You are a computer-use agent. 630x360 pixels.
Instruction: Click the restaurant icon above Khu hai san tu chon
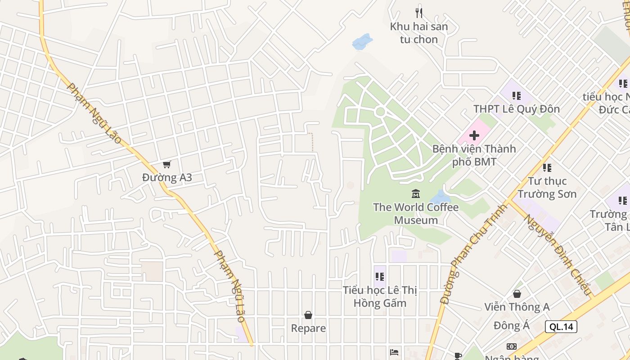419,13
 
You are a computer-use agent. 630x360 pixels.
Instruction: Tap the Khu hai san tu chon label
419,33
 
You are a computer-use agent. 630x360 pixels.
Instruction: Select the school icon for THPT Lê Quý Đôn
517,95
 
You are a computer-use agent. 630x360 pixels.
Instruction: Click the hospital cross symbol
474,135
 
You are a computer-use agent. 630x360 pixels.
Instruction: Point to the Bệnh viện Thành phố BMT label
474,155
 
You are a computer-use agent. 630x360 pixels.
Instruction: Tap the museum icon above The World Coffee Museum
416,194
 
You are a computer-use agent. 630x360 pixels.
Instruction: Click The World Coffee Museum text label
416,214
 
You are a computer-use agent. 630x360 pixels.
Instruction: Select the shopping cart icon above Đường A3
167,165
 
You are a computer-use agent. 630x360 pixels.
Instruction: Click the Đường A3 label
167,178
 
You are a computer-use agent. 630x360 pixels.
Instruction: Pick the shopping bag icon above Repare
308,315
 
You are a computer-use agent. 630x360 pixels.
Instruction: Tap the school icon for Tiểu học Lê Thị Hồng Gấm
380,277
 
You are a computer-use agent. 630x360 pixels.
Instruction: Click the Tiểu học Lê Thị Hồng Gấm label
380,297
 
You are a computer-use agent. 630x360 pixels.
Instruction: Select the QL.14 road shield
561,327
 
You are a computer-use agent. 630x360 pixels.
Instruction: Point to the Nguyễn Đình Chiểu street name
558,255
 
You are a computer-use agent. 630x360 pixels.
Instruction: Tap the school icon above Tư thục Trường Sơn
547,168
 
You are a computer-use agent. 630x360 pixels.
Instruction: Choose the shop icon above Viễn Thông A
517,294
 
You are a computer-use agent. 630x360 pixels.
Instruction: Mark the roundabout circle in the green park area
380,112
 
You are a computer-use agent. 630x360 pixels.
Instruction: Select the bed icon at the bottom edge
394,352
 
